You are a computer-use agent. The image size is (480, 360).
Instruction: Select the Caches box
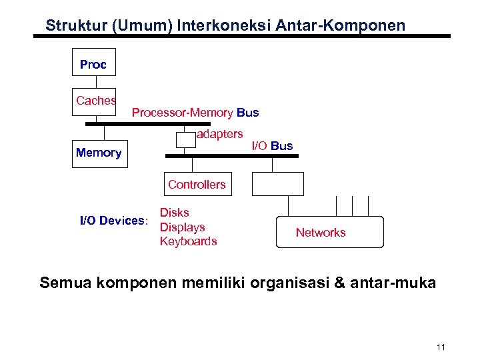point(94,101)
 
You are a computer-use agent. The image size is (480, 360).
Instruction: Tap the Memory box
point(99,153)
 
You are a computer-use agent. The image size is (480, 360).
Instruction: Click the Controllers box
point(197,185)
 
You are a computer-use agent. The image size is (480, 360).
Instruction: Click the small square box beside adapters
point(185,139)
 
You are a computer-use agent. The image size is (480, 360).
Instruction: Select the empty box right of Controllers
point(277,183)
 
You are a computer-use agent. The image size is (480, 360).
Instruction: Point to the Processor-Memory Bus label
point(195,113)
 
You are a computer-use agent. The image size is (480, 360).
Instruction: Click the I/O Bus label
point(271,146)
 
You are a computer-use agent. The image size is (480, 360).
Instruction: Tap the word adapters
point(220,134)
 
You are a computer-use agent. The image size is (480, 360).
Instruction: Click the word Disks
point(174,213)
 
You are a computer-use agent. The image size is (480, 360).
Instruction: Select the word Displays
point(182,227)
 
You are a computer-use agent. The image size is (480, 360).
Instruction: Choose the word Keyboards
point(188,241)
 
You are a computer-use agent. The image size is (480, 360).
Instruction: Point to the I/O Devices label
point(113,221)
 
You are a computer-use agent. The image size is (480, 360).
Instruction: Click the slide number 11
point(441,347)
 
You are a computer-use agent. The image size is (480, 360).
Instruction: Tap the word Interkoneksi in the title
point(214,26)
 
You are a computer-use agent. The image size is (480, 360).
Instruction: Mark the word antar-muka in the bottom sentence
point(400,283)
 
